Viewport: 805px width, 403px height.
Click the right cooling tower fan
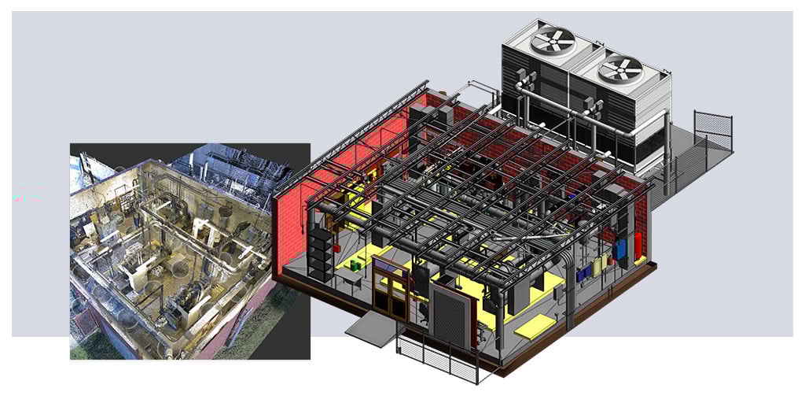[x=620, y=70]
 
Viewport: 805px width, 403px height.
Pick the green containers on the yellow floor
[x=355, y=267]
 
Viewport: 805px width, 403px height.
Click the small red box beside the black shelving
[x=336, y=246]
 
